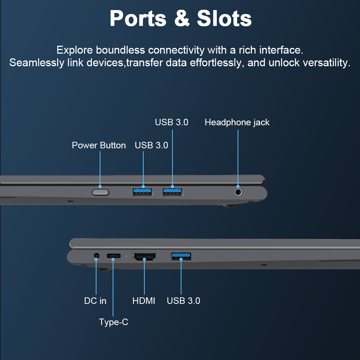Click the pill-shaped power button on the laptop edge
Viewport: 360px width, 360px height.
(x=100, y=192)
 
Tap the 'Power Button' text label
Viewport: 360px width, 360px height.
(x=99, y=145)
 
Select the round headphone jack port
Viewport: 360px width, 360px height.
(x=238, y=192)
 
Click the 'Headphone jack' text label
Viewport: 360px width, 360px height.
(x=237, y=122)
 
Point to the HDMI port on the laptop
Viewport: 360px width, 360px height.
(x=144, y=257)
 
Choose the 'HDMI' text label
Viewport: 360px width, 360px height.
(x=144, y=301)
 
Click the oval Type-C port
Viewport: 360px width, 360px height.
(x=113, y=256)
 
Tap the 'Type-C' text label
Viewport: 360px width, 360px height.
(x=113, y=322)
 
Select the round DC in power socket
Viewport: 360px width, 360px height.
(x=96, y=256)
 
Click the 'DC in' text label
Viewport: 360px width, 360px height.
(x=95, y=301)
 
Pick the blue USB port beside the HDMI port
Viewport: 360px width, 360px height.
(x=181, y=256)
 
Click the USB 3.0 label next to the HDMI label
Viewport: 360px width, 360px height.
(x=184, y=301)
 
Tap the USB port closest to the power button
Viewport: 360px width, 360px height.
(x=143, y=192)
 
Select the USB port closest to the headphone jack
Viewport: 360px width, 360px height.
(x=172, y=192)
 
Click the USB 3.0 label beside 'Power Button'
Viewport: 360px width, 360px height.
(x=151, y=145)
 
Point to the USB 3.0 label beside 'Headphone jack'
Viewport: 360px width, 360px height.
(x=171, y=122)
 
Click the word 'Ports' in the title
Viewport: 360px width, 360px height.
(x=138, y=19)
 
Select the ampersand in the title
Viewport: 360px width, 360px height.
(x=182, y=18)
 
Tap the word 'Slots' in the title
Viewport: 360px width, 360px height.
(x=224, y=18)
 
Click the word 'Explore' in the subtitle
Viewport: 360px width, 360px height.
(x=75, y=50)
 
